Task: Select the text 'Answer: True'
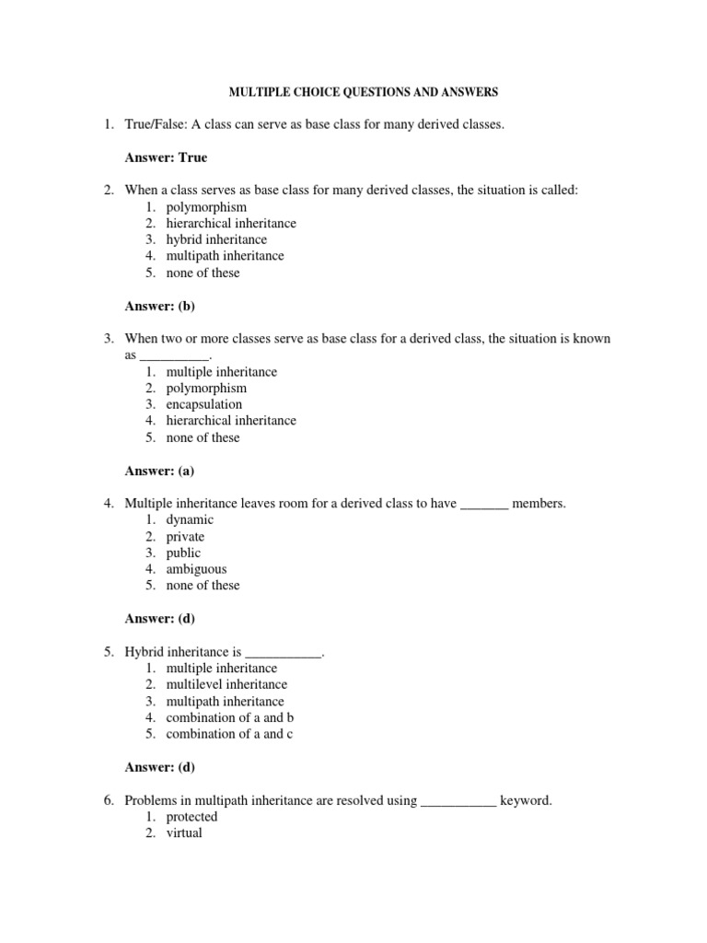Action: coord(166,157)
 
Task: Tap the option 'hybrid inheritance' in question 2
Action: coord(216,239)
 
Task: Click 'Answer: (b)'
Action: coord(160,306)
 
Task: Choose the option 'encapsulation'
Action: coord(204,404)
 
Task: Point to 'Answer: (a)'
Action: coord(160,471)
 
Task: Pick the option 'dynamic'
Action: coord(190,519)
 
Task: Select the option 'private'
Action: coord(185,536)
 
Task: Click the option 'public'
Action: coord(183,553)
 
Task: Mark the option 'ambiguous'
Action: coord(196,569)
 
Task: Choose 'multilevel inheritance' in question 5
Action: coord(226,684)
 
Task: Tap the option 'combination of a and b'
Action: coord(229,717)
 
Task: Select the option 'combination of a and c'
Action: coord(229,734)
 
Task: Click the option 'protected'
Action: coord(191,817)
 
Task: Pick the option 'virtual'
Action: coord(184,833)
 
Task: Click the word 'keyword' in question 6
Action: coord(526,800)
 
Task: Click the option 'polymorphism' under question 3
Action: coord(206,388)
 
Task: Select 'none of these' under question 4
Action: coord(203,585)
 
